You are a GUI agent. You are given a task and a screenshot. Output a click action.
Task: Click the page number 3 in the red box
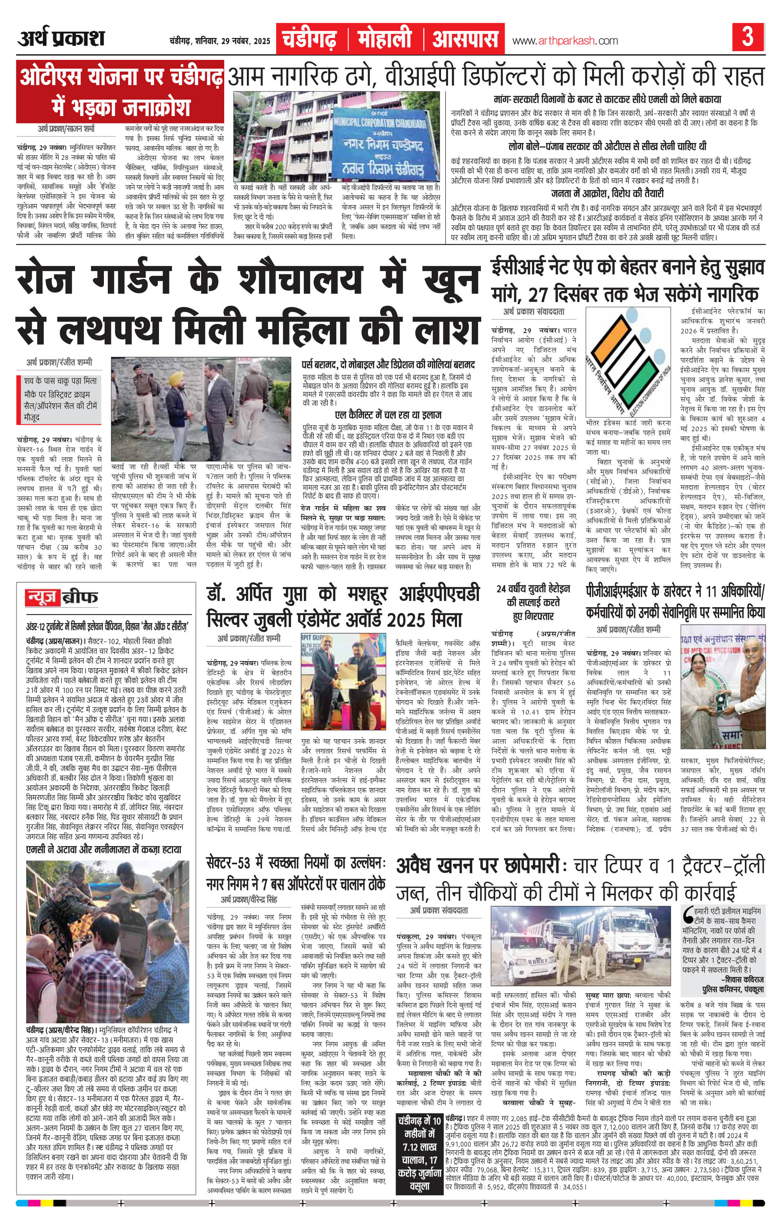tap(748, 38)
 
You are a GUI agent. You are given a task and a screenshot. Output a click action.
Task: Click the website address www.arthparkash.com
tap(564, 41)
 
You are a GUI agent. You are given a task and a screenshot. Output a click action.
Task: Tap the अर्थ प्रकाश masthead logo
tap(61, 39)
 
